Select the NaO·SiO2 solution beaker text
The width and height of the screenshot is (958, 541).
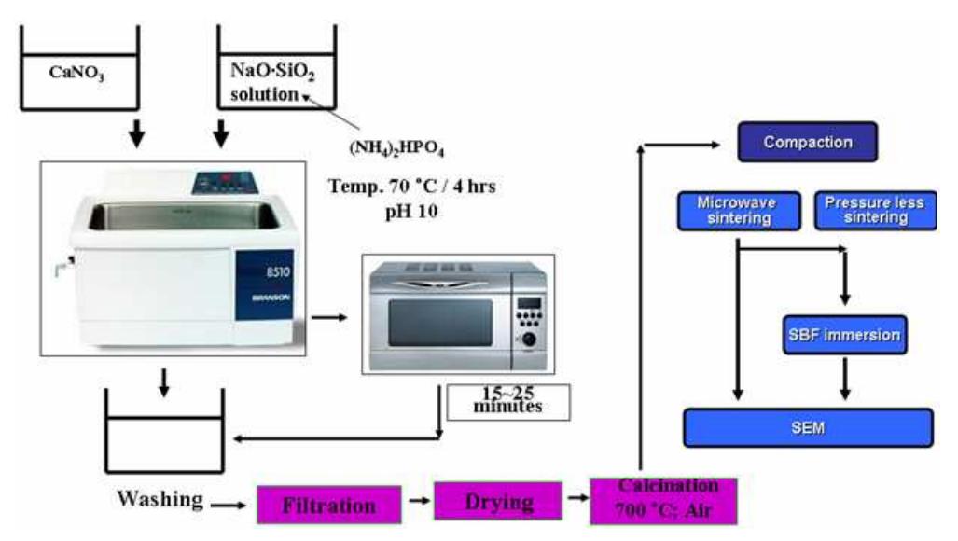265,81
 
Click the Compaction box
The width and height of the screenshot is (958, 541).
807,143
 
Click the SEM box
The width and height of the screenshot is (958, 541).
808,427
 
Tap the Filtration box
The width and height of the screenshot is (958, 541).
329,505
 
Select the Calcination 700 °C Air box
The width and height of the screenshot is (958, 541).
664,501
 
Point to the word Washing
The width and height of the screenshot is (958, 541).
160,500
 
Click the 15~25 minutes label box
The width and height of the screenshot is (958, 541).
507,399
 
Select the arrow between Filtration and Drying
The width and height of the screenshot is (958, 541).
418,503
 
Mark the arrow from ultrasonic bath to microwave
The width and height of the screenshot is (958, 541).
326,317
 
